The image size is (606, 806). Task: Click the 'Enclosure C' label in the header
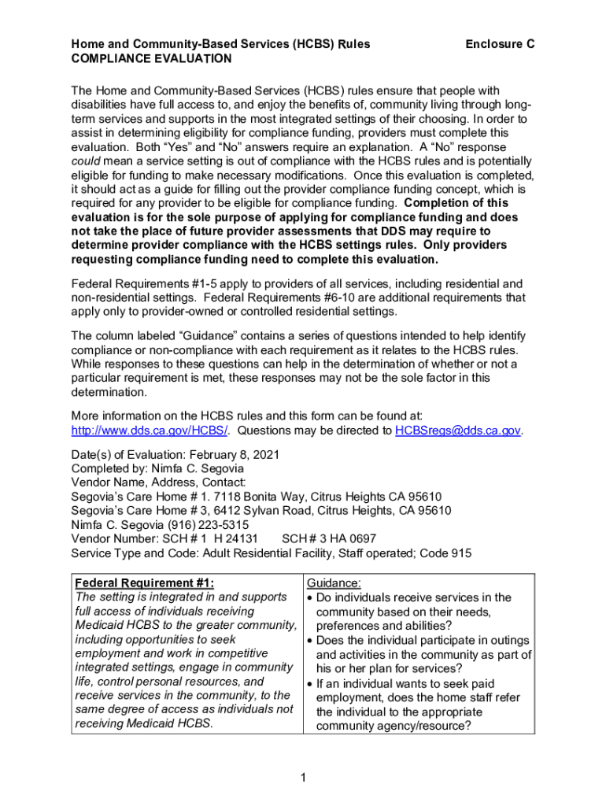500,45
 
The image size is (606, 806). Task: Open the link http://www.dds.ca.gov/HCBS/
150,431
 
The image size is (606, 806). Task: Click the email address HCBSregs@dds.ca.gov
458,431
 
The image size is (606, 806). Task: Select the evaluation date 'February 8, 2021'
227,455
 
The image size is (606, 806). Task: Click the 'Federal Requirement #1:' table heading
144,583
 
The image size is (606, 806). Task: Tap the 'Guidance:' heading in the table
334,583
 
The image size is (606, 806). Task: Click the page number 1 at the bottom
303,778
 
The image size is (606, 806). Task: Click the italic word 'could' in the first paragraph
87,162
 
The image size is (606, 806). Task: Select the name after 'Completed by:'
192,469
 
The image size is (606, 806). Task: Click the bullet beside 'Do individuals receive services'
310,598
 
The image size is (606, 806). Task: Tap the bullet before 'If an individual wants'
310,685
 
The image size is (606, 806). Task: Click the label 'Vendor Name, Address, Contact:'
158,482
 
